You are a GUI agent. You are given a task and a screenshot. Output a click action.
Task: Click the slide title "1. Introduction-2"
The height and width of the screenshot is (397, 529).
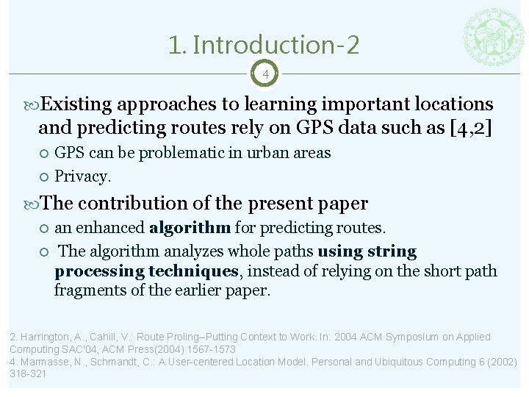click(x=264, y=46)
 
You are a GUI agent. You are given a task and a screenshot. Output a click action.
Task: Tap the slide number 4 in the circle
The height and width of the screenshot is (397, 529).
click(x=265, y=74)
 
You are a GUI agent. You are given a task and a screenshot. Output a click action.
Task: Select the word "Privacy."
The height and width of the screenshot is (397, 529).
click(x=83, y=176)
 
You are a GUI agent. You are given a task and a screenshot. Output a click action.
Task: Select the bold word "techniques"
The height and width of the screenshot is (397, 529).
click(x=193, y=271)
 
